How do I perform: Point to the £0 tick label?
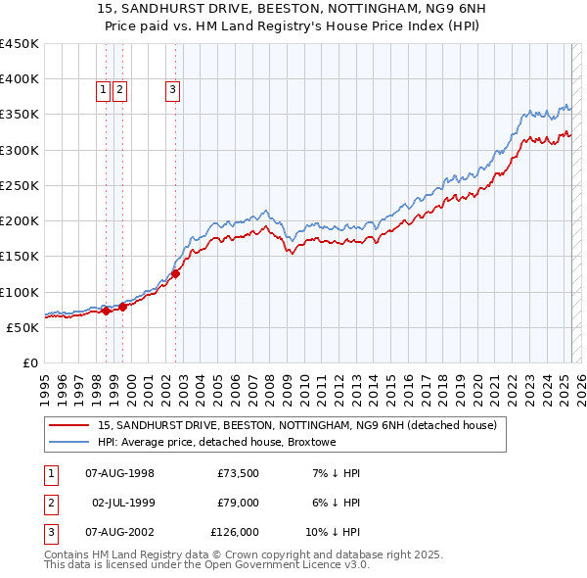(x=30, y=362)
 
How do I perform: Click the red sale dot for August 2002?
(x=176, y=274)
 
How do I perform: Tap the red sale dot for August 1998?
(x=107, y=311)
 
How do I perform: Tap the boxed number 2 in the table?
(x=50, y=503)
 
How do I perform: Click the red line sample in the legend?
(x=69, y=425)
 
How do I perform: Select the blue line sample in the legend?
(x=69, y=442)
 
